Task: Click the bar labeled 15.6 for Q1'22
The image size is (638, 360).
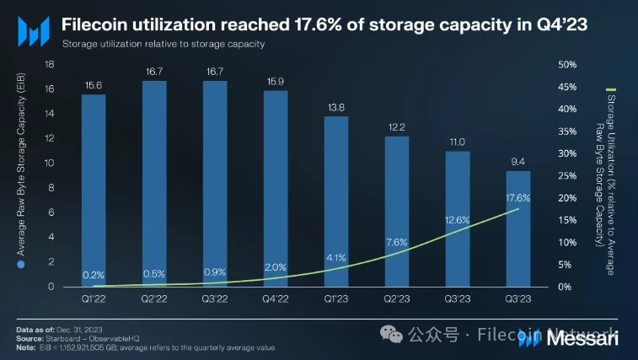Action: click(x=94, y=191)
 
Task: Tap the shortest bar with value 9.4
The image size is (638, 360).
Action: click(x=518, y=228)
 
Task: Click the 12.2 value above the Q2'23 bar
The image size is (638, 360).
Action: click(x=397, y=127)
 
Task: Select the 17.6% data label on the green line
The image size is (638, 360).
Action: click(x=517, y=197)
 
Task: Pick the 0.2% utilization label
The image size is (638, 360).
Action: click(x=94, y=275)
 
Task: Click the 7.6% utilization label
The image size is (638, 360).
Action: click(x=397, y=242)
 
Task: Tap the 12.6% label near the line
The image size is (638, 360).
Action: click(x=458, y=220)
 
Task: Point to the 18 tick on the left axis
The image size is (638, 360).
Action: click(x=50, y=64)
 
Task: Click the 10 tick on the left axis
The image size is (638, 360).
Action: click(x=50, y=163)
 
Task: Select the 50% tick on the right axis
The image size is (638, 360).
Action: click(x=567, y=64)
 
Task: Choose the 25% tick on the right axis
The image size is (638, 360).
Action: click(x=567, y=175)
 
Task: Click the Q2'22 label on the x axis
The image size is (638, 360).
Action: click(x=154, y=298)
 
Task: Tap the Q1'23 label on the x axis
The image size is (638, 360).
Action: click(x=336, y=298)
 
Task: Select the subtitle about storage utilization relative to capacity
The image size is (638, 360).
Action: click(x=164, y=43)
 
